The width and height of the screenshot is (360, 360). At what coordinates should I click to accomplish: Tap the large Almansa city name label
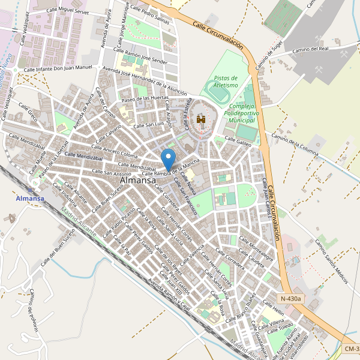138,179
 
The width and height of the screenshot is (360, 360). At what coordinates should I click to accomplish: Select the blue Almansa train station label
30,199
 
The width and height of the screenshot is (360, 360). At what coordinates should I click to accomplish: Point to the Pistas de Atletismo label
226,82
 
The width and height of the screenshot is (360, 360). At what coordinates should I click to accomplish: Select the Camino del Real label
311,50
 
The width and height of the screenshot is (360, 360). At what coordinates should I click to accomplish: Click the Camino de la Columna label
294,144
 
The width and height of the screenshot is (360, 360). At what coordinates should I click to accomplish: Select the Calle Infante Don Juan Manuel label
58,69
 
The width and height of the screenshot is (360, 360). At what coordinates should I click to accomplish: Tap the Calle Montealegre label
256,247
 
